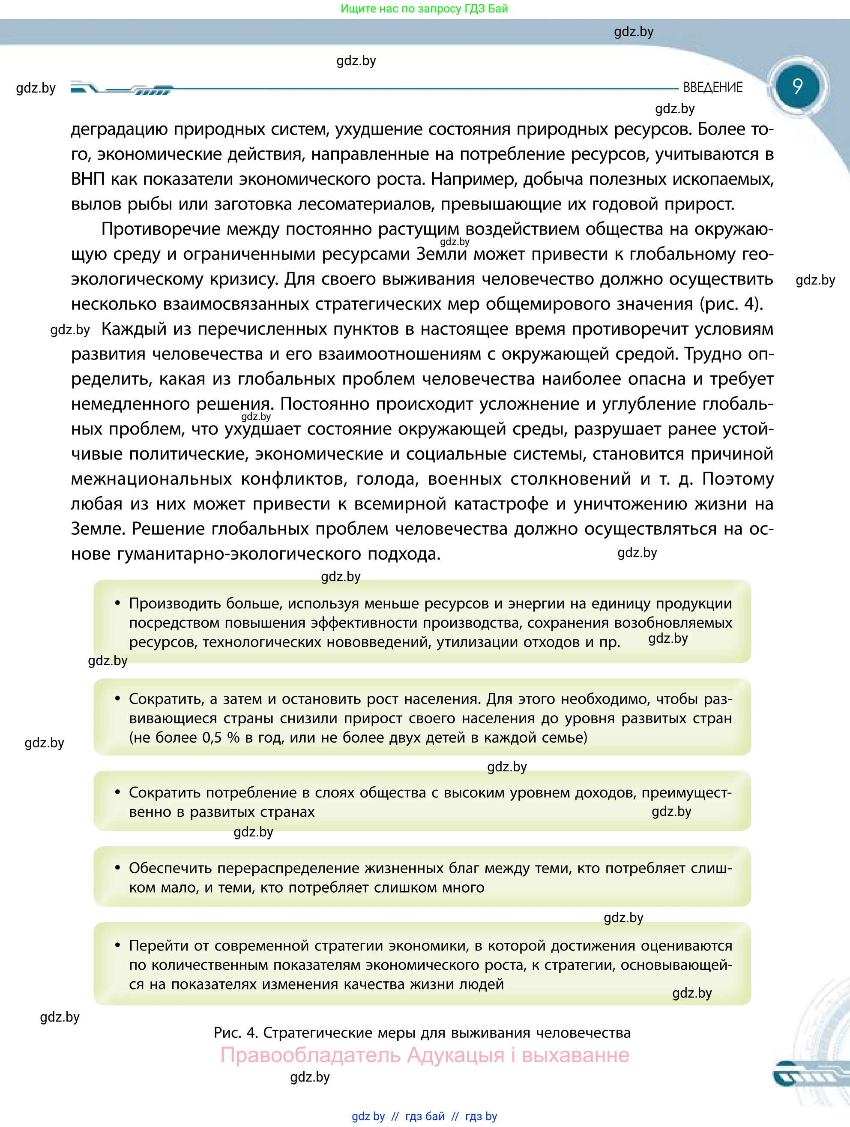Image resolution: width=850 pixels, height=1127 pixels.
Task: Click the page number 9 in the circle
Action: click(x=797, y=86)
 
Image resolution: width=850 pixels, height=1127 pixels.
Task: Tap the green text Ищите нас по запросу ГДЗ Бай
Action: click(x=424, y=9)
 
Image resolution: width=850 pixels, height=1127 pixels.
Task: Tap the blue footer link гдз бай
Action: click(x=425, y=1116)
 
